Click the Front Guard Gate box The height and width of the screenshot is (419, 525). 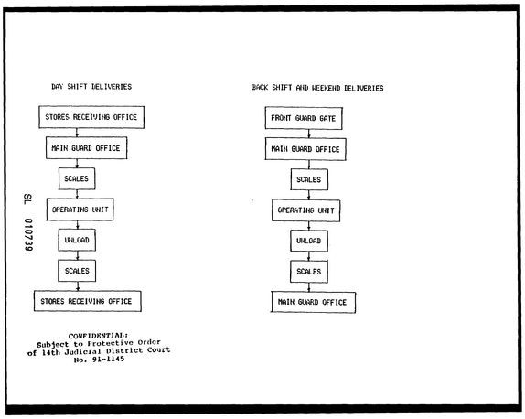coord(304,118)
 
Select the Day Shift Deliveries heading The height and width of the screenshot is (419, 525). coord(91,87)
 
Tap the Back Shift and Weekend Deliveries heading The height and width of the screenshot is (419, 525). coord(317,88)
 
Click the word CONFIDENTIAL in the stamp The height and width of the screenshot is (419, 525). coord(98,336)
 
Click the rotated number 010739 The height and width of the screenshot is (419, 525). coord(28,235)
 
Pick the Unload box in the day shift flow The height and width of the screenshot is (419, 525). coord(77,240)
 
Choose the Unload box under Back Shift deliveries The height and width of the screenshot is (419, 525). coord(309,241)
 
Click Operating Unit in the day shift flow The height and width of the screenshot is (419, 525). coord(80,209)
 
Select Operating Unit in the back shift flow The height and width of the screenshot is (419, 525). coord(306,210)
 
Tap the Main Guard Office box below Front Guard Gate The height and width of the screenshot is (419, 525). coord(305,149)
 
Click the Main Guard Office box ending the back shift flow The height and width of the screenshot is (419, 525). coord(313,303)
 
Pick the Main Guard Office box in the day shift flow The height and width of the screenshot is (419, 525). coord(86,147)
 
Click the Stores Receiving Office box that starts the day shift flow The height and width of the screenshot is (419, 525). coord(91,117)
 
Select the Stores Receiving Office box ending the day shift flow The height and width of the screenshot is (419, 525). coord(88,301)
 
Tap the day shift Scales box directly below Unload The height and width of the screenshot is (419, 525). coord(77,271)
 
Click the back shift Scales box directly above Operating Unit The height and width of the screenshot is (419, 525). coord(309,179)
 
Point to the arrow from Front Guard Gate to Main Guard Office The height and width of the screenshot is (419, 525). coord(309,134)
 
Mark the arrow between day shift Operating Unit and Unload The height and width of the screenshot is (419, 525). coord(78,225)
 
